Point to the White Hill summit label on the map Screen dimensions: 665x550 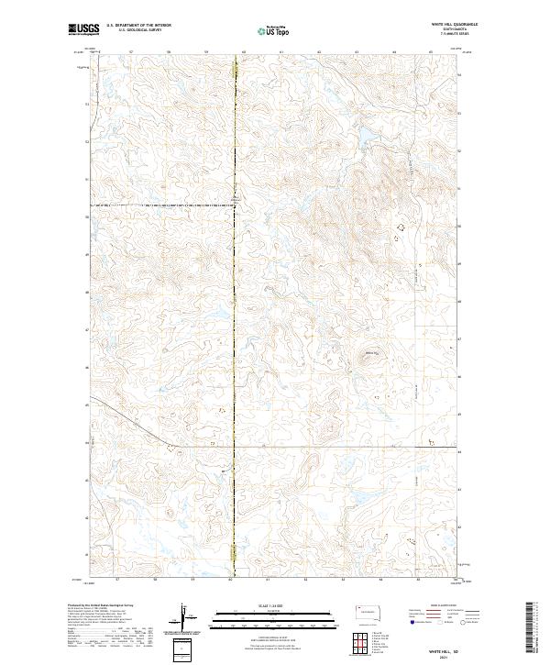click(371, 350)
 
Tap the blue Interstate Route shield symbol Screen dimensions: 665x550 click(410, 622)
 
